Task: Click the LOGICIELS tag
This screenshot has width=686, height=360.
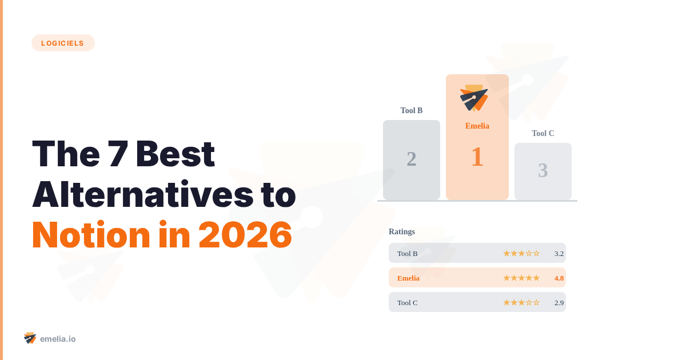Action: (x=63, y=43)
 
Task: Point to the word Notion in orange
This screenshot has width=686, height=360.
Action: (x=91, y=235)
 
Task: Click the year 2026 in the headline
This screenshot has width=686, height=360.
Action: (x=245, y=235)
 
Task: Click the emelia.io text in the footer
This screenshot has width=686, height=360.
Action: (x=58, y=339)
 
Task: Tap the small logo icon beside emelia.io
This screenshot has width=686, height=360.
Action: (x=30, y=338)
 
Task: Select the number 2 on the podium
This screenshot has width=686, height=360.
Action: (x=412, y=159)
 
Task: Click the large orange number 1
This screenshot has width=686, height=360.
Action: (x=477, y=157)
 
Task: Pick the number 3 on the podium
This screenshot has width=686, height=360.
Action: (x=543, y=170)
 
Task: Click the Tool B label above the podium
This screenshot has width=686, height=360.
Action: (x=412, y=110)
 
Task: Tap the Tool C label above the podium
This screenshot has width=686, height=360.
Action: (x=543, y=133)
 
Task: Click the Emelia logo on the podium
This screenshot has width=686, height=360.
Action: (x=474, y=98)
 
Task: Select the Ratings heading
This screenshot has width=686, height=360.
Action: (x=402, y=231)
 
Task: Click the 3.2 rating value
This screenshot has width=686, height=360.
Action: (x=559, y=253)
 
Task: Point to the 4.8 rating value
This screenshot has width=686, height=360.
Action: (x=559, y=278)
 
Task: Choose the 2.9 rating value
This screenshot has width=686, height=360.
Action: (x=559, y=302)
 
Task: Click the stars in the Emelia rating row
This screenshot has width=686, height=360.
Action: (x=521, y=278)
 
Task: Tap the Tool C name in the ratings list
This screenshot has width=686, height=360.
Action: (x=408, y=302)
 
